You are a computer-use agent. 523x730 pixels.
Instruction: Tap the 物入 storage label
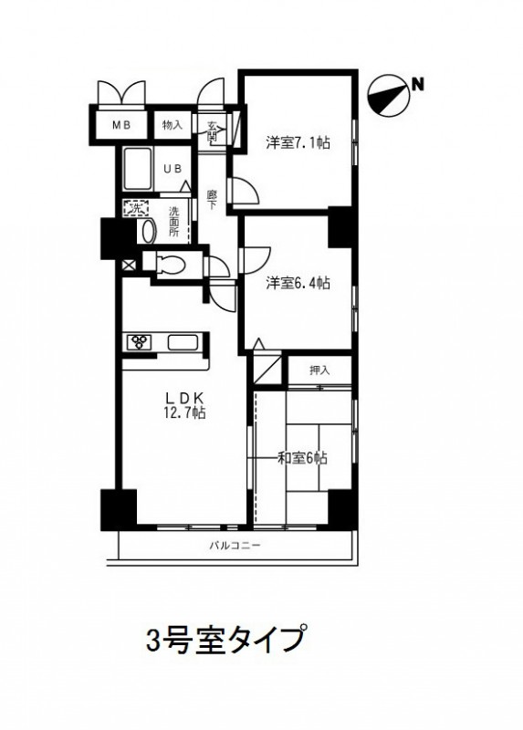(x=173, y=125)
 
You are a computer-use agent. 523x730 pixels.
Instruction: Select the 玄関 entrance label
(x=213, y=130)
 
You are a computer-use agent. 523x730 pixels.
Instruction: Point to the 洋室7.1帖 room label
(x=298, y=142)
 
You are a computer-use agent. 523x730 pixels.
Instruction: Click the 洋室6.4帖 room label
(x=298, y=283)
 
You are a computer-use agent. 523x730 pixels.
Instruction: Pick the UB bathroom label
(x=172, y=169)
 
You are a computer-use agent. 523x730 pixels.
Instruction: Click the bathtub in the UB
(x=138, y=169)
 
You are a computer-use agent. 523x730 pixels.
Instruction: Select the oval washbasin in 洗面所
(x=149, y=231)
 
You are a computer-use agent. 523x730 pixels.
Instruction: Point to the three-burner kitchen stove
(x=139, y=343)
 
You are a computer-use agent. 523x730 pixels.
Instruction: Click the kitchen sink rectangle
(x=183, y=343)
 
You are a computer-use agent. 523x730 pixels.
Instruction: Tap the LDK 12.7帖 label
(x=185, y=405)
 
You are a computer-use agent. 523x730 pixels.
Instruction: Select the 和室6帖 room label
(x=302, y=458)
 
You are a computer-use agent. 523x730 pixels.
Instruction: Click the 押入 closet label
(x=319, y=370)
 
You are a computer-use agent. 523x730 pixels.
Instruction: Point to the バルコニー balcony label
(x=235, y=545)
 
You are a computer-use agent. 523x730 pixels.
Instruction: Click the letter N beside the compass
(x=418, y=85)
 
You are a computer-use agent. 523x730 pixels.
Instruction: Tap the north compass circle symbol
(x=389, y=97)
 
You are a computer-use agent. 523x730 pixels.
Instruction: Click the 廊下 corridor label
(x=211, y=199)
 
